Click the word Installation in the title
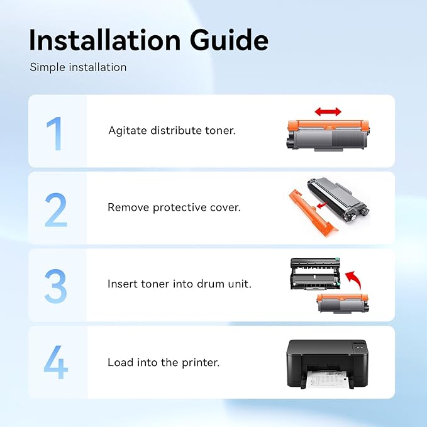105,40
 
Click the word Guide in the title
230,40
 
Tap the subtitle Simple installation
78,67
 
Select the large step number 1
54,133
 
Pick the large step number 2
56,209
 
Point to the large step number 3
55,286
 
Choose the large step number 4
56,362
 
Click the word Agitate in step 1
128,131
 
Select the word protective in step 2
180,208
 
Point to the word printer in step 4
201,363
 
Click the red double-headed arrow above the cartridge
328,111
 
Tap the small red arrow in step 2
323,205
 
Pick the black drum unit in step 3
315,274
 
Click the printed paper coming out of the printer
327,379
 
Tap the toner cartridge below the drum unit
343,303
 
